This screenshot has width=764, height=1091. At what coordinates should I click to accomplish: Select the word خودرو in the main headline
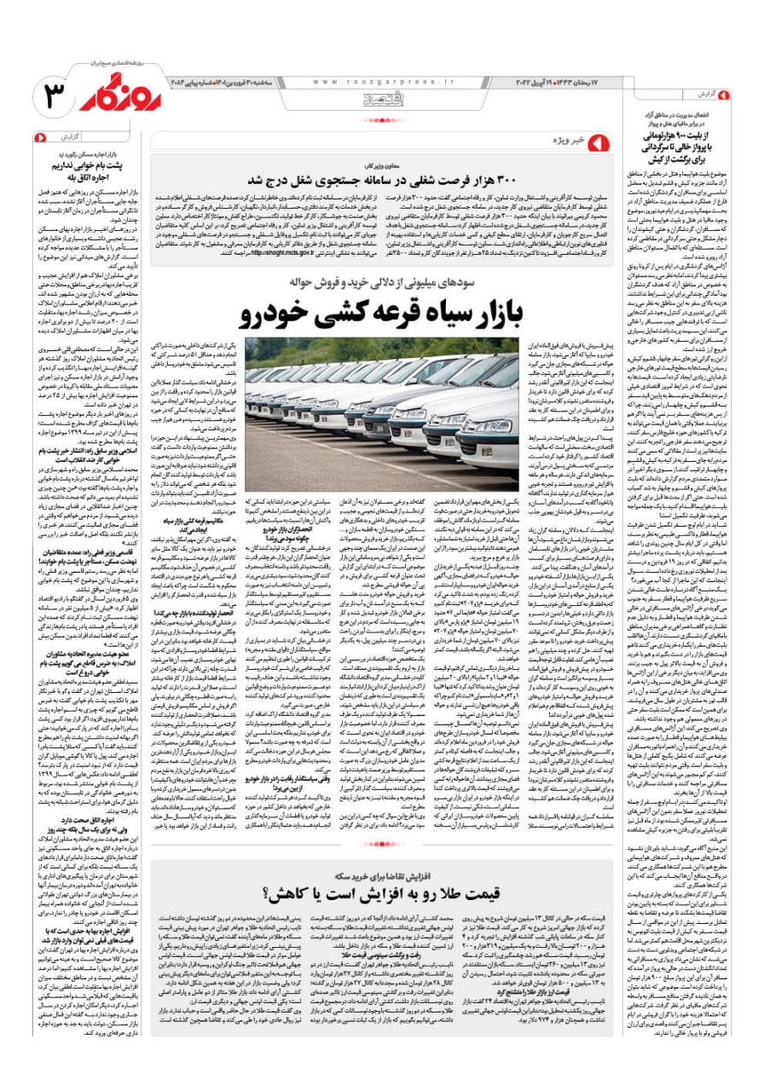pos(276,314)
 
